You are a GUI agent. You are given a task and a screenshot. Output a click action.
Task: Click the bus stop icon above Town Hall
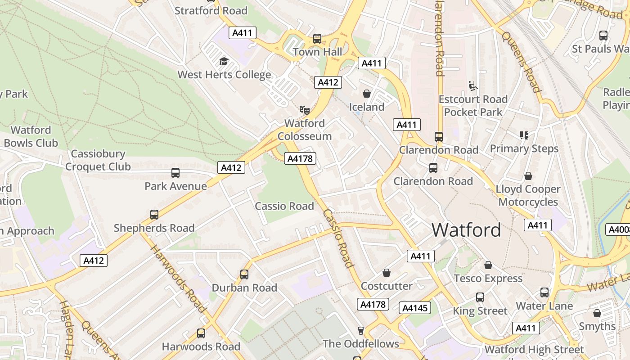[317, 39]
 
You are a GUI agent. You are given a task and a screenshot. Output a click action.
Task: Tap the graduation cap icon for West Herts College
[224, 62]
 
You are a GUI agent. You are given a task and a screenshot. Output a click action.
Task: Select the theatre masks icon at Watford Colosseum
[305, 110]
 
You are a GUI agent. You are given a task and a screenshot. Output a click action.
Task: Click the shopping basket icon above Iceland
[367, 94]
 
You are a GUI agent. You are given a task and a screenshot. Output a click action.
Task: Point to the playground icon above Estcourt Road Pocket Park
[472, 85]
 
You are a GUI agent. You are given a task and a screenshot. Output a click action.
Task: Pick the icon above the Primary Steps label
[524, 135]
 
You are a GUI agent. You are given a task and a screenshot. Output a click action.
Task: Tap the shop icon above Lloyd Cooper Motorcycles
[528, 176]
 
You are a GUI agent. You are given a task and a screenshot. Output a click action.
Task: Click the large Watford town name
[466, 230]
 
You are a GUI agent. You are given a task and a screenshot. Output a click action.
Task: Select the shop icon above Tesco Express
[488, 265]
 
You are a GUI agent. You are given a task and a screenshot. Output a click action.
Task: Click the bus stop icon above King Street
[480, 297]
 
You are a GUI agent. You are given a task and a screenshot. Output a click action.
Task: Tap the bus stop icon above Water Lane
[544, 292]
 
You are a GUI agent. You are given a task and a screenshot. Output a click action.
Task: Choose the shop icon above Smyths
[597, 313]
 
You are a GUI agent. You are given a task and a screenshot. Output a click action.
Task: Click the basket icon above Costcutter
[387, 273]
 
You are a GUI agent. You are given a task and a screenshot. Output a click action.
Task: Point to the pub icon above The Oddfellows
[360, 331]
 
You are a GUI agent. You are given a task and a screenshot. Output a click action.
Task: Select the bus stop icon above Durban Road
[244, 274]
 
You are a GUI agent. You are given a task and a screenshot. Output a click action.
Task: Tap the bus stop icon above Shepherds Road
[154, 215]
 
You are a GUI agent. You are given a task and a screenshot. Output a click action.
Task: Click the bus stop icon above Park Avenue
[175, 173]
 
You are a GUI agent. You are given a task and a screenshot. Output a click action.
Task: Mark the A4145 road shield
[415, 308]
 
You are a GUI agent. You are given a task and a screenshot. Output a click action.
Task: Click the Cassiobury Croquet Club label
[98, 160]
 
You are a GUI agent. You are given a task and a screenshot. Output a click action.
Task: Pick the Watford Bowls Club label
[31, 136]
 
